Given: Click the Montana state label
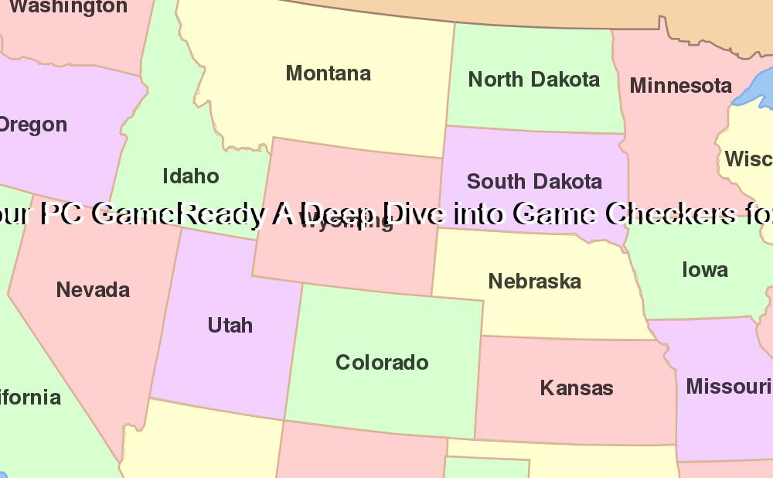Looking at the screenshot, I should tap(329, 73).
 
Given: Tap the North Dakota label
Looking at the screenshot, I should tap(533, 80).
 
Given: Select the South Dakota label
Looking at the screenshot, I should tap(534, 182).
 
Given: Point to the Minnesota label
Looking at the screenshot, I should tap(680, 86).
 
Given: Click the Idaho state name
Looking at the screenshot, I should tap(191, 176).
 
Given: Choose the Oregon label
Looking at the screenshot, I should tap(32, 125).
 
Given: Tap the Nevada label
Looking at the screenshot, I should tap(93, 290).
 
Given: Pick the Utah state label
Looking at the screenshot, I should tap(230, 325).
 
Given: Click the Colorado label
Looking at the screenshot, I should tap(382, 363).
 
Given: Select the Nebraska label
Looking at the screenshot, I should tap(534, 282).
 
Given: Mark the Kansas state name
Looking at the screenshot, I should tap(577, 388).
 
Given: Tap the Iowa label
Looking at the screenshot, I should tap(704, 270).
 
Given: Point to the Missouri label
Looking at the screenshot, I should tap(728, 386).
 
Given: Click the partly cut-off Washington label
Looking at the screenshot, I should tap(68, 8).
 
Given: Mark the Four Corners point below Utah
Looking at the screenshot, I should tap(284, 420).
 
